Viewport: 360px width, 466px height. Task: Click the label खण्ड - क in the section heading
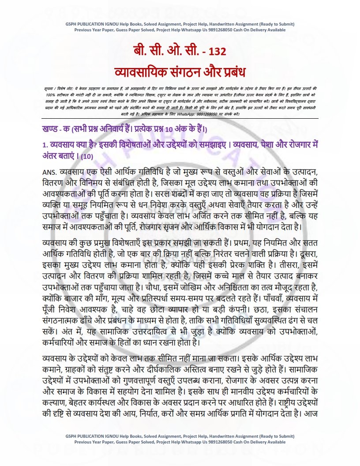tap(54, 128)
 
